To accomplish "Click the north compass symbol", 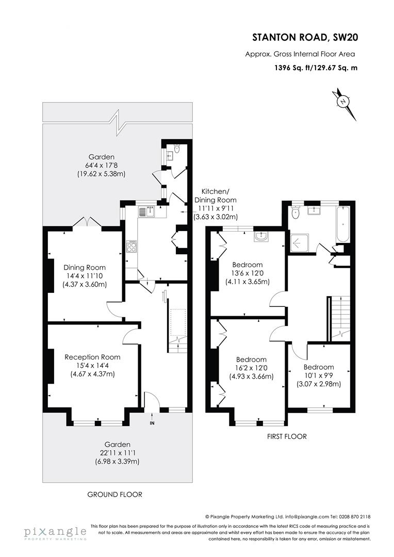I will pos(343,102).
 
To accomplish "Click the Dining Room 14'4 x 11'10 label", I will pos(85,276).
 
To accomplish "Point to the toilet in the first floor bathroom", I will pos(295,212).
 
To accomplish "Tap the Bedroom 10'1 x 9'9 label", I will pos(318,375).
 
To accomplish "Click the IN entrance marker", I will pos(152,423).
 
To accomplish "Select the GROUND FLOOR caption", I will pos(114,494).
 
